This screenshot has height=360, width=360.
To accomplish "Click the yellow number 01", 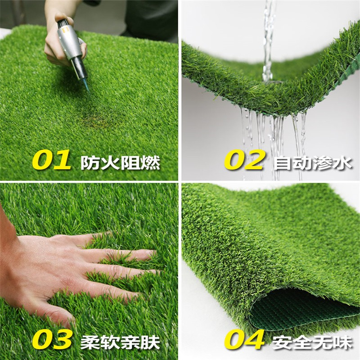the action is (x=52, y=160).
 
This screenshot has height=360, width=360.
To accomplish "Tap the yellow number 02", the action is (x=244, y=160).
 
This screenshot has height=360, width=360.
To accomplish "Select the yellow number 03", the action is (x=52, y=339).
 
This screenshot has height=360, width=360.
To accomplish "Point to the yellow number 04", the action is (x=244, y=339).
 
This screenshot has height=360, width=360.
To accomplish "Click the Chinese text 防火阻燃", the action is (x=120, y=163).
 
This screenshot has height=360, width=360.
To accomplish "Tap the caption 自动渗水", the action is (x=313, y=163).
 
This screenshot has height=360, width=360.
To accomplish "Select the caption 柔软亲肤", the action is (x=120, y=342).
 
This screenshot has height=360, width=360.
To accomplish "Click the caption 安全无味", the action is (x=313, y=342).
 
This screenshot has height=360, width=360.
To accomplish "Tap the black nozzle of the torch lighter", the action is (x=79, y=68).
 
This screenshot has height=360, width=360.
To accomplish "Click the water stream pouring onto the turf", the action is (x=268, y=41).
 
